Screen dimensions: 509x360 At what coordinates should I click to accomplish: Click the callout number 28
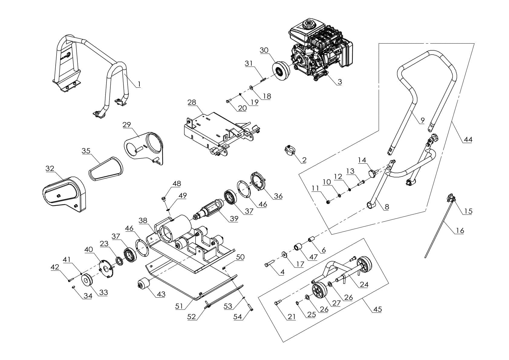pyautogui.click(x=192, y=103)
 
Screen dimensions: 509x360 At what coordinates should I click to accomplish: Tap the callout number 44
pyautogui.click(x=468, y=139)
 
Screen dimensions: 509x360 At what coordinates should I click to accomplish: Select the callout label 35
pyautogui.click(x=86, y=151)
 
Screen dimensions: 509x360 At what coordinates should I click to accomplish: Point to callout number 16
pyautogui.click(x=460, y=231)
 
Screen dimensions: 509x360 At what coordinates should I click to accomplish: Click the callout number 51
pyautogui.click(x=179, y=306)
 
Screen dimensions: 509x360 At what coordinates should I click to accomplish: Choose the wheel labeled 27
pyautogui.click(x=319, y=291)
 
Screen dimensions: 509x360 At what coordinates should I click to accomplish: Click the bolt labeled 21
pyautogui.click(x=278, y=302)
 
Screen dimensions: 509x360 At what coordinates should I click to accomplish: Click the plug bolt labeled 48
pyautogui.click(x=163, y=200)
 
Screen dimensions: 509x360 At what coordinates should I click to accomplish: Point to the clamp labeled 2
pyautogui.click(x=289, y=150)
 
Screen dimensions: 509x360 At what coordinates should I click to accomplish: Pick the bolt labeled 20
pyautogui.click(x=229, y=101)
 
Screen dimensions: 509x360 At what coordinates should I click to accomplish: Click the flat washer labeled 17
pyautogui.click(x=284, y=254)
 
